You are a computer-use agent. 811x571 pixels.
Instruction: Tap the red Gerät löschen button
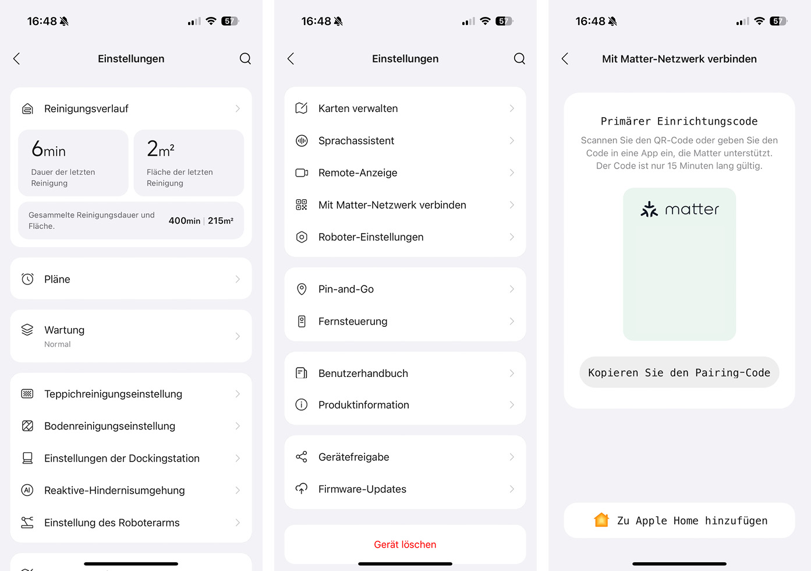(405, 544)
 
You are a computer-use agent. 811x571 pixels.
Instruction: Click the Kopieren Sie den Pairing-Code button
(679, 372)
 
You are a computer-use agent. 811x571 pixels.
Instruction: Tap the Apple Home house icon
(601, 520)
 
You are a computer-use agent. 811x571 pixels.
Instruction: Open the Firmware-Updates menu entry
(362, 489)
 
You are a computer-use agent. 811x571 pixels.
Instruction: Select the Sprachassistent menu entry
(356, 140)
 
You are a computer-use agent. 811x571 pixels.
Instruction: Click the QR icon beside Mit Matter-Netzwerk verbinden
(301, 205)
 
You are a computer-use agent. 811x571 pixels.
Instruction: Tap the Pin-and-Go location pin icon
(302, 289)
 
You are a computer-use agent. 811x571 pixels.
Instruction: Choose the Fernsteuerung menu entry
(352, 321)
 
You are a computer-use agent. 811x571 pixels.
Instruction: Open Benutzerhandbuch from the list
(363, 373)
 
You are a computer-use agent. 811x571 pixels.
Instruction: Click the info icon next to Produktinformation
(302, 404)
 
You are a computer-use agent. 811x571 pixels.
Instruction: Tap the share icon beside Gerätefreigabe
(302, 457)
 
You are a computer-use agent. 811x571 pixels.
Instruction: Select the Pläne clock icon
(27, 279)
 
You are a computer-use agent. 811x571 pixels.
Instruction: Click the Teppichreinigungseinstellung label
(113, 394)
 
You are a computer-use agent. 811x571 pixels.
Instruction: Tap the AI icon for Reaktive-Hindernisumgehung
(27, 490)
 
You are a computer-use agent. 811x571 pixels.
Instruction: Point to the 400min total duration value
(184, 221)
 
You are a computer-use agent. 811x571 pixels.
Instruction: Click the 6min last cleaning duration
(48, 150)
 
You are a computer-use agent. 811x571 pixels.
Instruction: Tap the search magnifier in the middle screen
(519, 58)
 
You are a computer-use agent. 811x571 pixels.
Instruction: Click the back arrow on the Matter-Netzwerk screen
(565, 58)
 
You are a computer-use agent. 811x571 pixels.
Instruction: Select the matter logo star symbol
(649, 209)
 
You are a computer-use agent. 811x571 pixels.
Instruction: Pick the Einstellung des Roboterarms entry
(112, 523)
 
